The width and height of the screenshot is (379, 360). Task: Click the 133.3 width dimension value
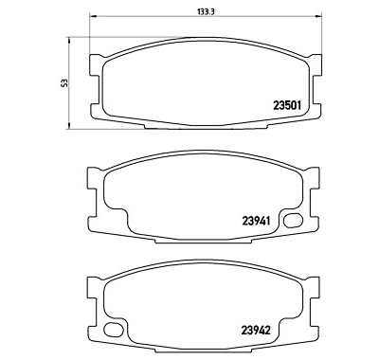(206, 11)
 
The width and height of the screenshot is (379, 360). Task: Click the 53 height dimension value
(64, 83)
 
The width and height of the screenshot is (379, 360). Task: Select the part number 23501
(286, 105)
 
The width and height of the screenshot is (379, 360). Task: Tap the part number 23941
(256, 221)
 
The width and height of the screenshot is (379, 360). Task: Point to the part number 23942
(256, 331)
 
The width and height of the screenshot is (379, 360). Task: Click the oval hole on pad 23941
(293, 221)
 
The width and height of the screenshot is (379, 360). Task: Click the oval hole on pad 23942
(113, 330)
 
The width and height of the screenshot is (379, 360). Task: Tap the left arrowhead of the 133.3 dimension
(93, 16)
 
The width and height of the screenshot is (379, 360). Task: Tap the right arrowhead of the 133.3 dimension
(318, 16)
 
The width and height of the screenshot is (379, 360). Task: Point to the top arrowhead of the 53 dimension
(68, 40)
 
